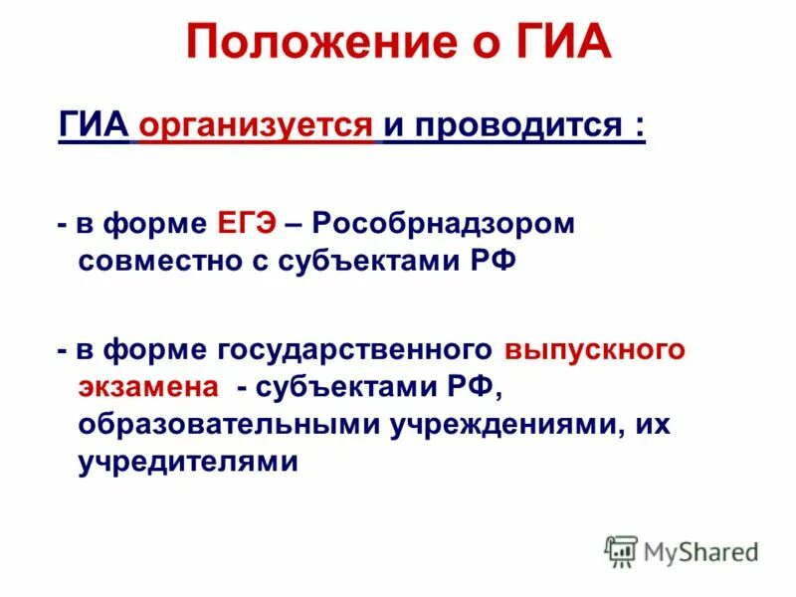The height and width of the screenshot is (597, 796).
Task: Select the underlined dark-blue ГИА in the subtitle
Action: pos(95,127)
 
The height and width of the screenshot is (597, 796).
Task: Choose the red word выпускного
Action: pos(595,350)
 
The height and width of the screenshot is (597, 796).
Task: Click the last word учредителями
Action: pos(187,463)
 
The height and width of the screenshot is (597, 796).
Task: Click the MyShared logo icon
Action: pos(621,550)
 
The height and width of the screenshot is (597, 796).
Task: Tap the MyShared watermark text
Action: pos(700,551)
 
